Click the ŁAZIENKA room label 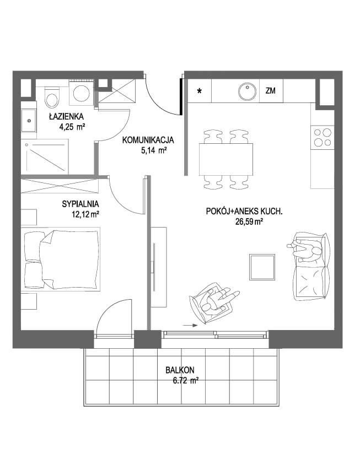pyautogui.click(x=66, y=117)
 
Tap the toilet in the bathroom pyautogui.click(x=52, y=98)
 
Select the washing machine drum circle pyautogui.click(x=82, y=93)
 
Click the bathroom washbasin pyautogui.click(x=29, y=121)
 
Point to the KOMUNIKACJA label pyautogui.click(x=148, y=140)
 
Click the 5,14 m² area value pyautogui.click(x=153, y=150)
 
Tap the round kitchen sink pyautogui.click(x=247, y=91)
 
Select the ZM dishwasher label pyautogui.click(x=270, y=91)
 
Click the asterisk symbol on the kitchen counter pyautogui.click(x=200, y=91)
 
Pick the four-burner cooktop pyautogui.click(x=323, y=137)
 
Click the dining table pyautogui.click(x=226, y=159)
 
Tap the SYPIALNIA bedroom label pyautogui.click(x=80, y=204)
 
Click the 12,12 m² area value pyautogui.click(x=85, y=214)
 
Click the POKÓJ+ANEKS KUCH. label pyautogui.click(x=244, y=212)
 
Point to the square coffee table pyautogui.click(x=262, y=267)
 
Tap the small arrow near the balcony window pyautogui.click(x=190, y=325)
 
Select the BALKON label pyautogui.click(x=180, y=370)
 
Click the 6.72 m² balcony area pyautogui.click(x=185, y=381)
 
